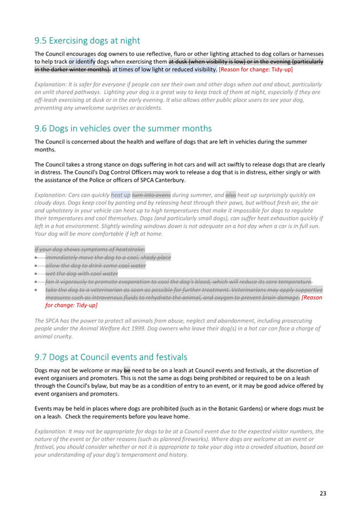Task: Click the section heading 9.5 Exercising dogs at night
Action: (87, 41)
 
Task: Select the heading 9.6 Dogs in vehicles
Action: (123, 128)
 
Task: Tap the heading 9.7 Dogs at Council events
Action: (111, 357)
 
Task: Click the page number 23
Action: (323, 494)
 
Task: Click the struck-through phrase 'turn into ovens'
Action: (151, 195)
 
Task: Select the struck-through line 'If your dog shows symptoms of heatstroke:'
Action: (90, 249)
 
